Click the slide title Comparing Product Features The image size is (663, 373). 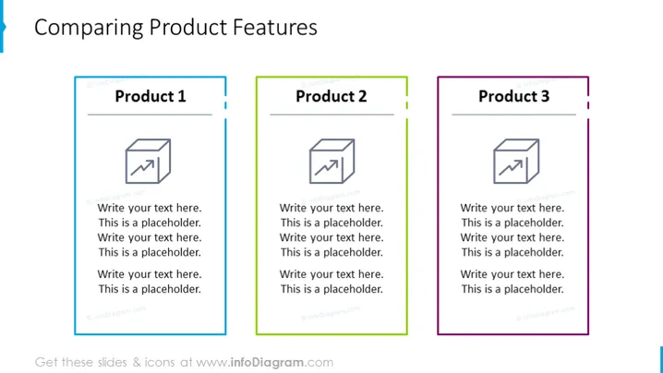click(x=175, y=28)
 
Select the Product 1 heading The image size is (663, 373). click(x=151, y=96)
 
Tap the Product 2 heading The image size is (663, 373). click(x=331, y=96)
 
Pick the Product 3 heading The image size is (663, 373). click(x=513, y=96)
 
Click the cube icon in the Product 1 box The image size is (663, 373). click(x=148, y=162)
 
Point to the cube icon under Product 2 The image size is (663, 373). click(x=331, y=162)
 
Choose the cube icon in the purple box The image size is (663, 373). click(x=516, y=162)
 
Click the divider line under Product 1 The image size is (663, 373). click(x=150, y=114)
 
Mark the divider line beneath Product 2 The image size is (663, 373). click(x=331, y=114)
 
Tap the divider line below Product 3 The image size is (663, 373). click(x=513, y=114)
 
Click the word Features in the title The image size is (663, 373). click(x=275, y=28)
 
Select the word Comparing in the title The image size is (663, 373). click(x=89, y=29)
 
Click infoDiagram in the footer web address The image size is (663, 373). click(x=267, y=363)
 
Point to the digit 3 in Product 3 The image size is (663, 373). click(x=545, y=96)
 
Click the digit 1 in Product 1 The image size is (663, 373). click(x=182, y=96)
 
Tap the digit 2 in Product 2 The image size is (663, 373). click(x=362, y=96)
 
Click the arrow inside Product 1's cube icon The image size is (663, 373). click(x=142, y=167)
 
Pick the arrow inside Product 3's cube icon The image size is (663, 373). click(x=511, y=167)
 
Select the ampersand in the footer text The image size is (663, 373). click(x=137, y=363)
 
